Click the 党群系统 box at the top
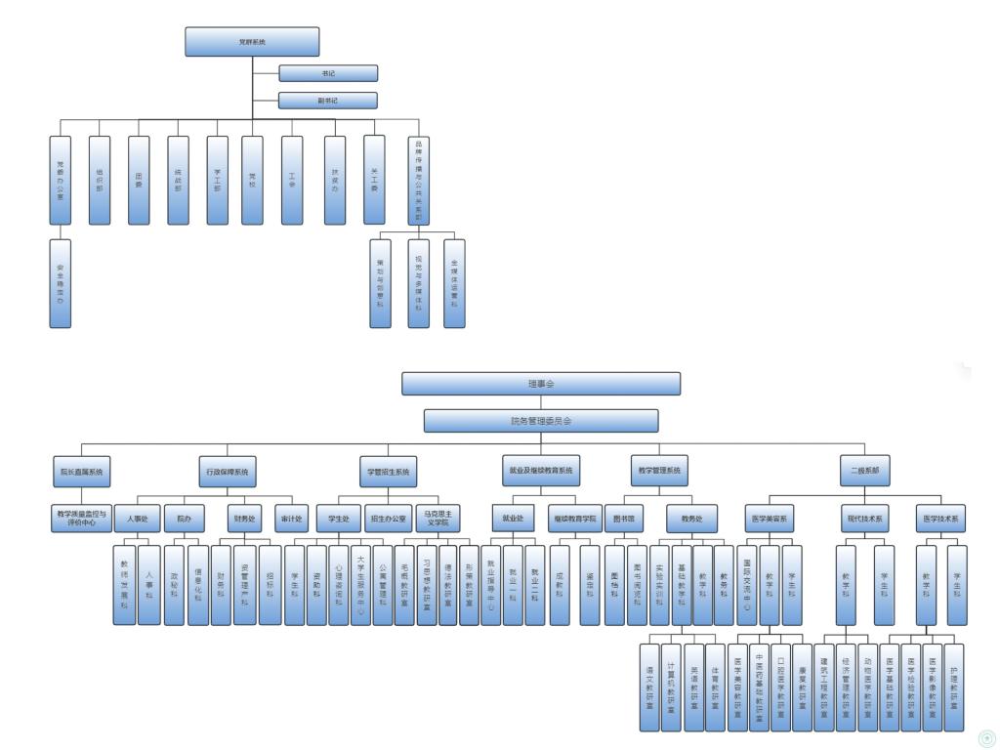tap(252, 42)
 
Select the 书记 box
tap(327, 73)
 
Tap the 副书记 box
tap(327, 100)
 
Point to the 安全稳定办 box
tap(61, 283)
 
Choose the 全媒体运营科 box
tap(454, 283)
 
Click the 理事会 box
tap(541, 384)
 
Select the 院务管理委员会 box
tap(541, 421)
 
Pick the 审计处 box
tap(291, 518)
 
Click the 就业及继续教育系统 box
tap(540, 471)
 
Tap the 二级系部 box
tap(864, 471)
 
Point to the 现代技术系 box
tap(862, 518)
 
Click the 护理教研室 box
tap(954, 687)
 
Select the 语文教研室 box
tap(649, 687)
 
